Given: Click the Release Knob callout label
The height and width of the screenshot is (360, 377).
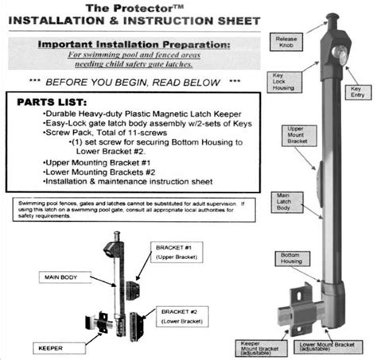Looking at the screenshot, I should tap(286, 41).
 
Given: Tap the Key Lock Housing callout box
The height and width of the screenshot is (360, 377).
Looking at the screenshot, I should tap(284, 80).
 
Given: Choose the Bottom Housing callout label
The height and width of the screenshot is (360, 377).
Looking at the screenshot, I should tap(290, 259).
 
